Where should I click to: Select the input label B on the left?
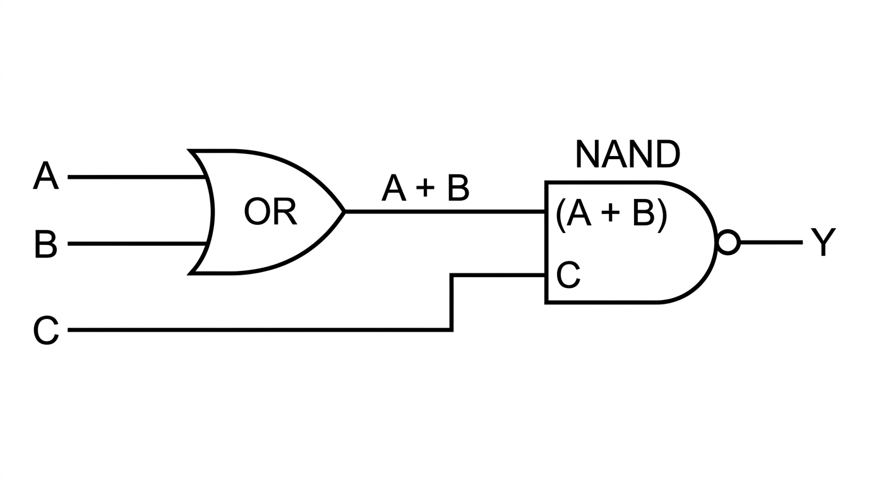pos(45,244)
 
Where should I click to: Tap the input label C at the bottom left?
pos(46,330)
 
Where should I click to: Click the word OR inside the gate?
pos(270,212)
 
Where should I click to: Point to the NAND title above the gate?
pos(628,155)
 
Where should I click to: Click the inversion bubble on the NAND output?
pos(728,242)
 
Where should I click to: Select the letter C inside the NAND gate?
pos(568,275)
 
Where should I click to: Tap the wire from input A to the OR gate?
pos(136,177)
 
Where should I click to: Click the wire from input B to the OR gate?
pos(136,244)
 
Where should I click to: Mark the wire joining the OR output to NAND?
pos(445,212)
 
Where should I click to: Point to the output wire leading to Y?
pos(771,242)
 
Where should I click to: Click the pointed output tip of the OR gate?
pos(344,212)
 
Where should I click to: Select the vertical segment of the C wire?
pos(452,302)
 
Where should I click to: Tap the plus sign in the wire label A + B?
pos(426,188)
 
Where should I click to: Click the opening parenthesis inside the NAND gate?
pos(560,215)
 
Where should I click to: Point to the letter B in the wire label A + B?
pos(458,188)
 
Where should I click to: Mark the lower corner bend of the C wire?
pos(452,330)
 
